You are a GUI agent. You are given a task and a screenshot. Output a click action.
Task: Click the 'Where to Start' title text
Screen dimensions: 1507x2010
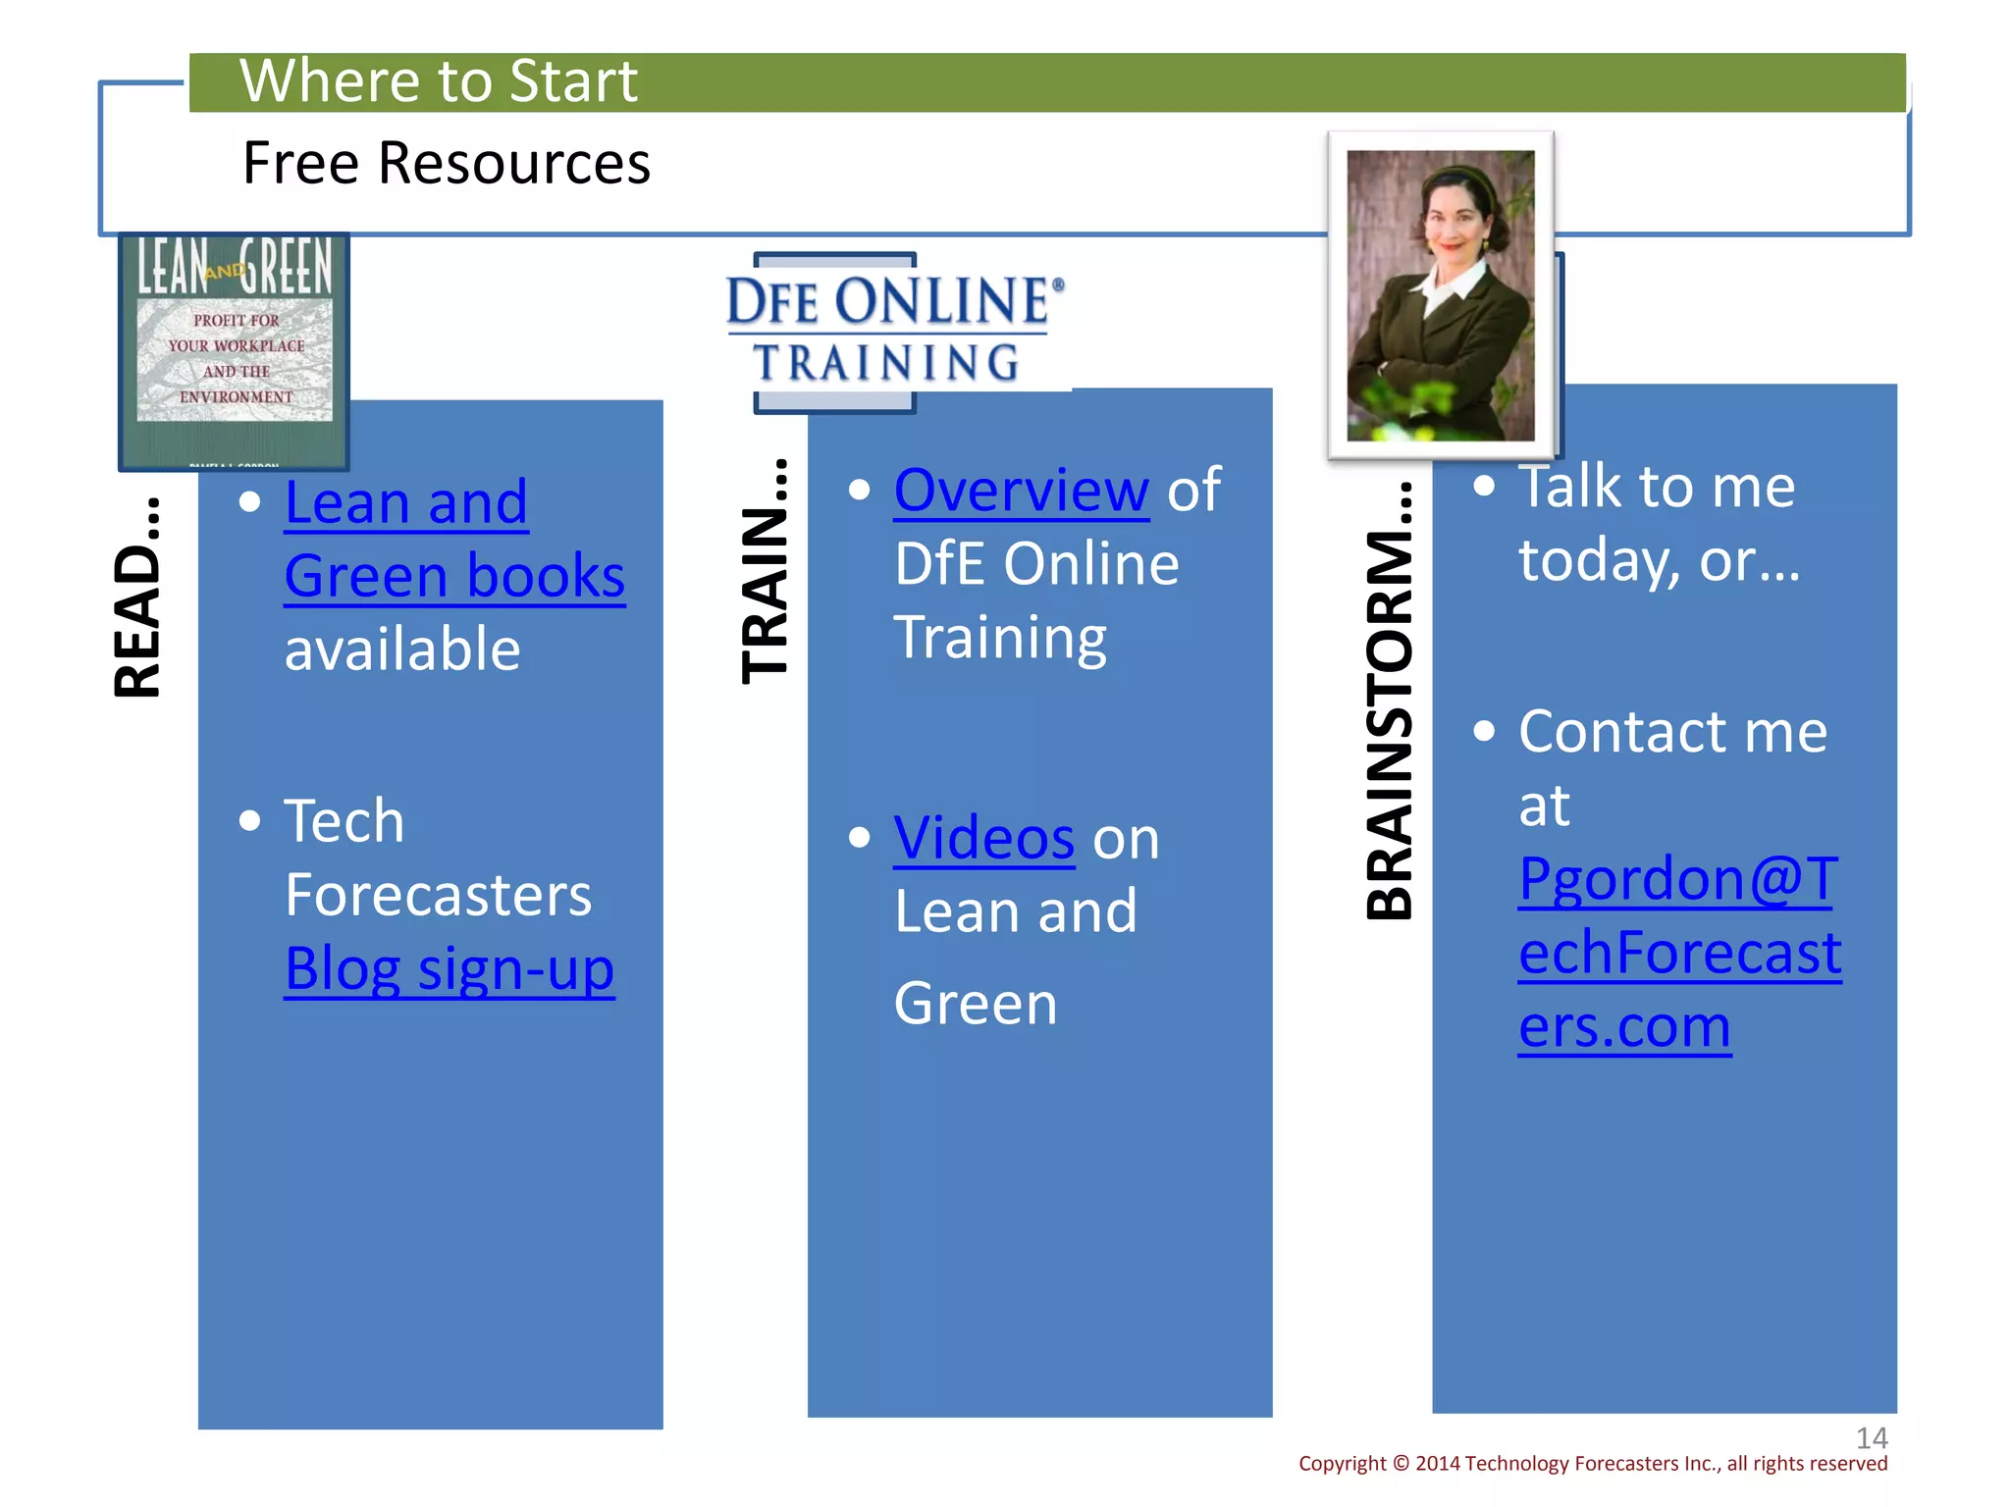coord(438,80)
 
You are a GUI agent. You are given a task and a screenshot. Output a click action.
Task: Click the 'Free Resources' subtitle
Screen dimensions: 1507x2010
coord(446,163)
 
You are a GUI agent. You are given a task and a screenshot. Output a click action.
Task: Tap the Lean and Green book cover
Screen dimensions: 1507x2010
coord(235,350)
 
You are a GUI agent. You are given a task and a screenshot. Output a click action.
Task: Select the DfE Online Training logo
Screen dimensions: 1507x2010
coord(893,330)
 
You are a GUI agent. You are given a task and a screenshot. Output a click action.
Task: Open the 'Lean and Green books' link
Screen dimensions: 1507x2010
coord(453,539)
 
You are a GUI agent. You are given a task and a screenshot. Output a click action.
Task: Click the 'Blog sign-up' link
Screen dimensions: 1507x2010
coord(450,969)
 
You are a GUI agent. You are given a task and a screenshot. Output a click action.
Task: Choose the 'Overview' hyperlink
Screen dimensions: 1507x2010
coord(1021,490)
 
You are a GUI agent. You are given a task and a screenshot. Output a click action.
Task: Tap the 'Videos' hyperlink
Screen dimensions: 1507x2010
coord(983,838)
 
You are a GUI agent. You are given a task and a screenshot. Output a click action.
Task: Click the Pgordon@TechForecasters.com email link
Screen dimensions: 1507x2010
coord(1678,952)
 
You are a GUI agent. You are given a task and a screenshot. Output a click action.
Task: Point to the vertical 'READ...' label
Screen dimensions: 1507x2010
coord(136,598)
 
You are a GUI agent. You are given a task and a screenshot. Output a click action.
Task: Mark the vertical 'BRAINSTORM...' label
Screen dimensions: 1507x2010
coord(1389,701)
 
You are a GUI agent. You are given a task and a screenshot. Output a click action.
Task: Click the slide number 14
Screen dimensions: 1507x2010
coord(1872,1438)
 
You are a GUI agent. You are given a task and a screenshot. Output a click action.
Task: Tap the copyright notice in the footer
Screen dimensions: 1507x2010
coord(1592,1464)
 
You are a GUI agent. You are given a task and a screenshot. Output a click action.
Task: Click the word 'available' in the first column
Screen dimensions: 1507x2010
coord(402,650)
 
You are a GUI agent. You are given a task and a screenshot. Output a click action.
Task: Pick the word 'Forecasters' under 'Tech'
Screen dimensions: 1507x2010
coord(438,895)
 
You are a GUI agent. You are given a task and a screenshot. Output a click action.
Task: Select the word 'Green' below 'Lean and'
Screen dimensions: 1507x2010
coord(976,1004)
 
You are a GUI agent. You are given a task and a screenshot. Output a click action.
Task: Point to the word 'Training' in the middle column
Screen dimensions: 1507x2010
coord(1000,638)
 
